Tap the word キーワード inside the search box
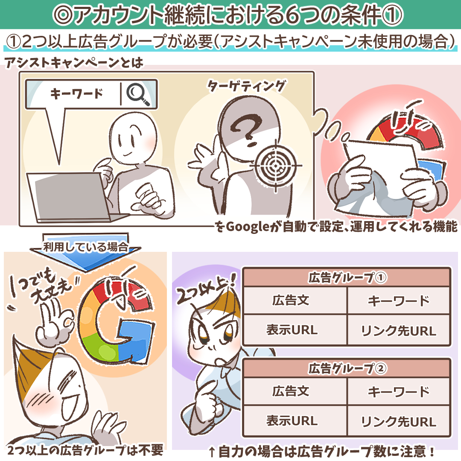point(76,94)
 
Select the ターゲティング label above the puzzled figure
point(246,86)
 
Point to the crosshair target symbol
point(275,166)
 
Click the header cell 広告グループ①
point(347,277)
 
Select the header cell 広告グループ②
point(347,368)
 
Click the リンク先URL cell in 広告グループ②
point(399,421)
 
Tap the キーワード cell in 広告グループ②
point(399,391)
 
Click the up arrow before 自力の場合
point(212,452)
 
